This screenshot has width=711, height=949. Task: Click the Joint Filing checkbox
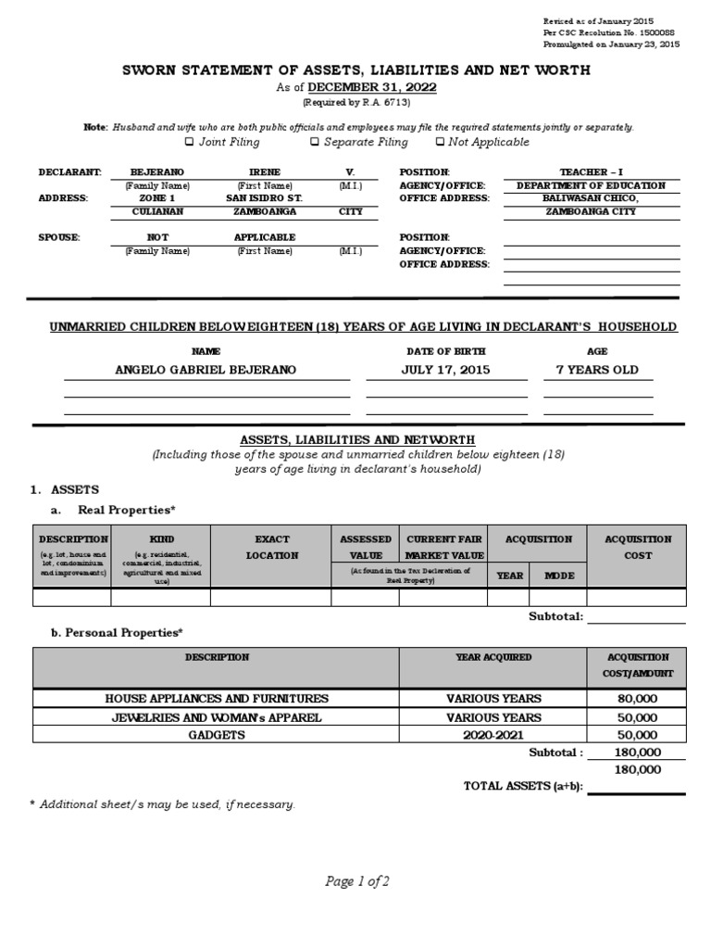[x=190, y=142]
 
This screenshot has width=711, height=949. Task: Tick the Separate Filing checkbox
[x=315, y=142]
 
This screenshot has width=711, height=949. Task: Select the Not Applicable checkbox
[x=439, y=142]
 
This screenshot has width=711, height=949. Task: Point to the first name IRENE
[x=265, y=172]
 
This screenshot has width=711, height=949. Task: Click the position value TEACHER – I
[x=592, y=172]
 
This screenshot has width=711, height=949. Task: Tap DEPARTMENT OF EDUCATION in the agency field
[x=592, y=185]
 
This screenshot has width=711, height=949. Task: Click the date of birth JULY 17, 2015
[x=445, y=370]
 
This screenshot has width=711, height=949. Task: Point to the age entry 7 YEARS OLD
[x=596, y=370]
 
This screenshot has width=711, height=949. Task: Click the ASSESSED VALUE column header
[x=366, y=547]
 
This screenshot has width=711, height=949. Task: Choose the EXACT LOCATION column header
[x=272, y=547]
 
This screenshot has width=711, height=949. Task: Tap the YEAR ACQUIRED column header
[x=493, y=657]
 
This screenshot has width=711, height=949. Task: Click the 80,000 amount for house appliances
[x=637, y=699]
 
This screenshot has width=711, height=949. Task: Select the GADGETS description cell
[x=216, y=734]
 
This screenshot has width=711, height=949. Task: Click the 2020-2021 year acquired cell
[x=493, y=734]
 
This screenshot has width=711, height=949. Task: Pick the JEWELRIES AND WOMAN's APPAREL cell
[x=216, y=717]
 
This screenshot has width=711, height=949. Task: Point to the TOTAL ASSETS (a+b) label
[x=521, y=786]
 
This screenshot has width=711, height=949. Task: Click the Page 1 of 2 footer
[x=357, y=881]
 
